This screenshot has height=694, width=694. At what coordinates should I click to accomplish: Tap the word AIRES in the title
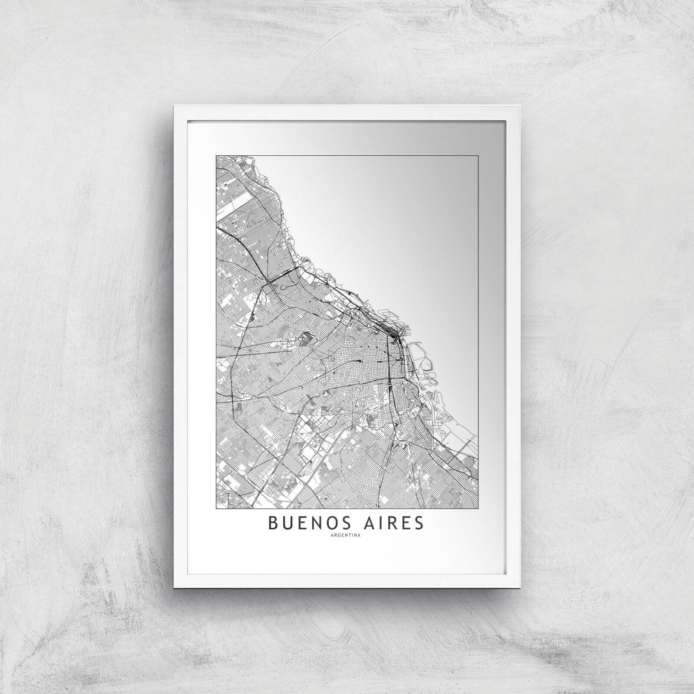pos(392,523)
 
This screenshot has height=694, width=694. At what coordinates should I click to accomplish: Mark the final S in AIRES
pos(418,523)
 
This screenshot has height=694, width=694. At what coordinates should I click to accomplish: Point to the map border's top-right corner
pos(478,155)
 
